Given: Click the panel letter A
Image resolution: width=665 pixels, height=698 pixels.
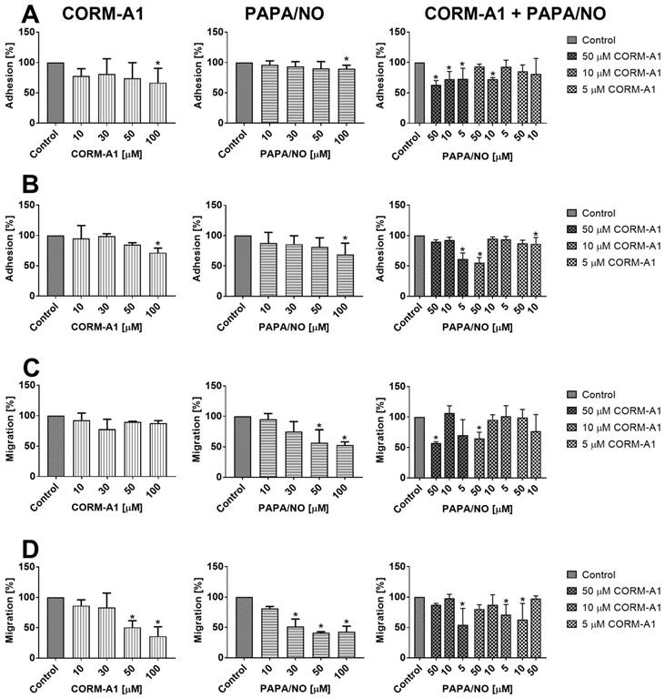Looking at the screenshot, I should coord(15,15).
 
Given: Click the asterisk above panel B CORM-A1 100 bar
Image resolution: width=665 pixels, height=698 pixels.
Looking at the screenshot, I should coord(159,244).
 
